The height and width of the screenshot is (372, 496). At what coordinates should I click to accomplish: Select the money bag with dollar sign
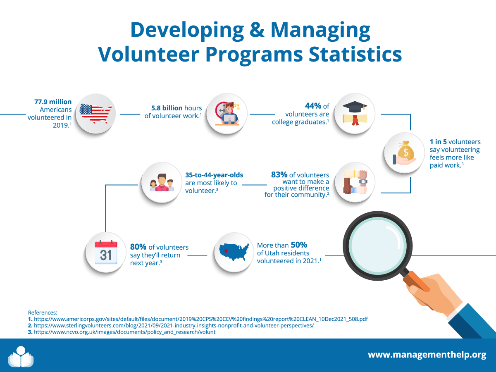pyautogui.click(x=405, y=152)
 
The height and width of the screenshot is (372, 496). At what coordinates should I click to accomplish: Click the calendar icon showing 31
pyautogui.click(x=106, y=252)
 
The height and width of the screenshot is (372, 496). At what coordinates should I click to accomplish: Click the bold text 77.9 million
pyautogui.click(x=52, y=102)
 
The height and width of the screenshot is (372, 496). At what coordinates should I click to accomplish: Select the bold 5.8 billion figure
pyautogui.click(x=167, y=108)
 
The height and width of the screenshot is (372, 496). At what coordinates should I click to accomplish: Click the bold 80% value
pyautogui.click(x=138, y=247)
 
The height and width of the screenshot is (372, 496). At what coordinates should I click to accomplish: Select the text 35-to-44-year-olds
pyautogui.click(x=214, y=175)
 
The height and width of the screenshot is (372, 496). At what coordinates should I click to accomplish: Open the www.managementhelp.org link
pyautogui.click(x=427, y=355)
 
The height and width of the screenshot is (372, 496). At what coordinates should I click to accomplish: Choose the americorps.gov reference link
pyautogui.click(x=200, y=320)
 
